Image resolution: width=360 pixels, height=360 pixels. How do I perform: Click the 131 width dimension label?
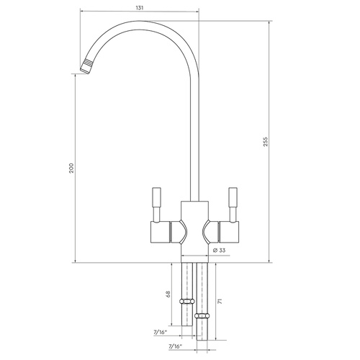140,8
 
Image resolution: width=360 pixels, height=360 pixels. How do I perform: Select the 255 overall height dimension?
265,142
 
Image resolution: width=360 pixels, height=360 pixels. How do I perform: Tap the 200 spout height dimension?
71,168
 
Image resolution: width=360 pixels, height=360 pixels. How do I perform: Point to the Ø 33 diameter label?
220,251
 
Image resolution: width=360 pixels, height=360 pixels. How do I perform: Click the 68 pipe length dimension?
168,294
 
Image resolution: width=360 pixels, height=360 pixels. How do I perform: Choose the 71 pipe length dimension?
220,301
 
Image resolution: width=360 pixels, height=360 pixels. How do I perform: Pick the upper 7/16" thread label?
160,333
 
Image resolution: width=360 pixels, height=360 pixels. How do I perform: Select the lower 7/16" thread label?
176,346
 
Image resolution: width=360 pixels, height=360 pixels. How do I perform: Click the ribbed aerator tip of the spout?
87,66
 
